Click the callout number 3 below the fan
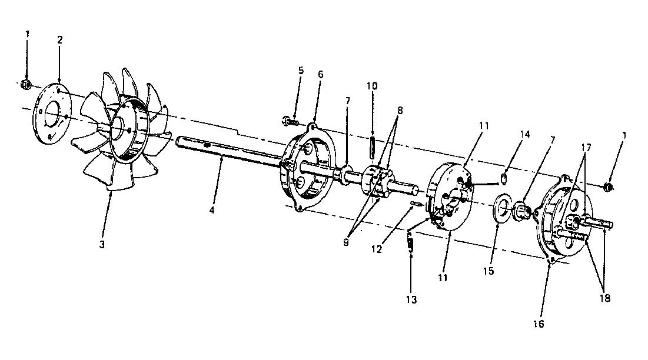102,244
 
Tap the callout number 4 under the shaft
212,210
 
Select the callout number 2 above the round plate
60,40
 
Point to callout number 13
411,300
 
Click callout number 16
539,324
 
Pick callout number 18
604,298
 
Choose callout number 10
372,86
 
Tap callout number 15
489,271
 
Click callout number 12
377,249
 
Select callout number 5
301,70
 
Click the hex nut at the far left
26,84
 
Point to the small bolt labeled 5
291,122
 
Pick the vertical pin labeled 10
372,148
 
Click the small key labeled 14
504,178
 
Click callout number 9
346,242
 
